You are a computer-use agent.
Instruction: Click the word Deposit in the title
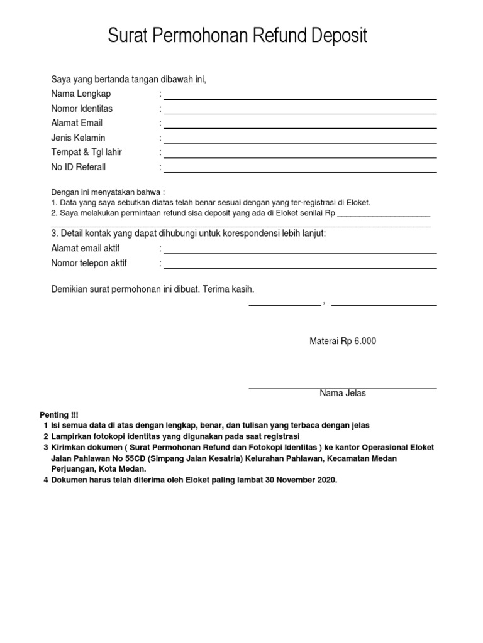click(x=336, y=36)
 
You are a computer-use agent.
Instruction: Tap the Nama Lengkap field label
click(x=80, y=94)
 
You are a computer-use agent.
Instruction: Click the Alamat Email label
click(x=77, y=123)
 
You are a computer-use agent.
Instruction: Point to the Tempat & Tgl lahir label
click(x=87, y=153)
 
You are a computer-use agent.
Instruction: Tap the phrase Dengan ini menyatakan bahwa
click(x=107, y=192)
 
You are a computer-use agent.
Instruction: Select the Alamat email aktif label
click(x=86, y=249)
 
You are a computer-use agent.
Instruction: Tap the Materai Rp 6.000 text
click(x=343, y=341)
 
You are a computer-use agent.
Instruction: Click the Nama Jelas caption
click(x=342, y=394)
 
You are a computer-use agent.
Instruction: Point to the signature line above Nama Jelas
click(x=342, y=389)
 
